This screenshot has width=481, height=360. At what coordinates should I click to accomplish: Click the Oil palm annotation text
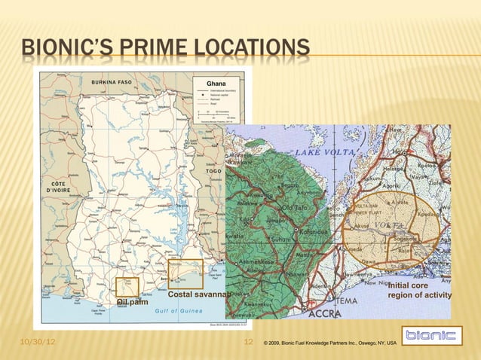coord(132,302)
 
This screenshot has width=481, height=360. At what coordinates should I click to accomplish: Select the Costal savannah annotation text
coord(198,293)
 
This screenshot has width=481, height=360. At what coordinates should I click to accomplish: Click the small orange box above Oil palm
coord(127,287)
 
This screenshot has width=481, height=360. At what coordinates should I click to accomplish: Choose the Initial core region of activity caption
coord(418,291)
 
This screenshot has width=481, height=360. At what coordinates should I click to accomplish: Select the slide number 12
coord(250,343)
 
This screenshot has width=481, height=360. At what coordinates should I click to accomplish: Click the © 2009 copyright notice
coord(329,343)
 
